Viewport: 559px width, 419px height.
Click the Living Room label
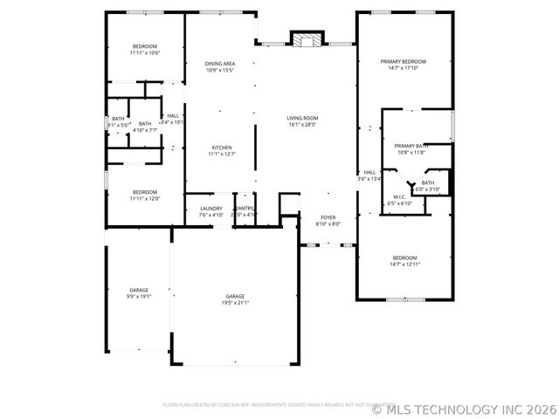coord(303,118)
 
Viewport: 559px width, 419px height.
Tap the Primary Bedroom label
coord(403,61)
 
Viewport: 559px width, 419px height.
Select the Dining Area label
coord(220,64)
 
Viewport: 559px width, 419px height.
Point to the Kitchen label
coord(220,148)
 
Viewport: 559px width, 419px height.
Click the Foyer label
coord(328,217)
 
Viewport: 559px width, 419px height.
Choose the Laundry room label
coord(210,208)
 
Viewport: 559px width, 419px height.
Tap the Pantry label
coord(243,208)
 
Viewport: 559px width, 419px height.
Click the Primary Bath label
coord(411,146)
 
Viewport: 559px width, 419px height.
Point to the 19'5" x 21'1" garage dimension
coord(236,303)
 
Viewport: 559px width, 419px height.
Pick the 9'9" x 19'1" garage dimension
coord(139,296)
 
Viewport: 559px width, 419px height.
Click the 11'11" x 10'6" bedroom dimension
coord(145,53)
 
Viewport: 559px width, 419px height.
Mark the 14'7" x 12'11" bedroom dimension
coord(404,264)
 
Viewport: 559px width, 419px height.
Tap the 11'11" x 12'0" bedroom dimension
coord(145,198)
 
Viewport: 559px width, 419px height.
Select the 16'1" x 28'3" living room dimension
coord(303,125)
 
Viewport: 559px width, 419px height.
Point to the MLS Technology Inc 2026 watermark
coord(465,409)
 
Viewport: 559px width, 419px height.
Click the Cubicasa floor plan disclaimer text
coord(266,404)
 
